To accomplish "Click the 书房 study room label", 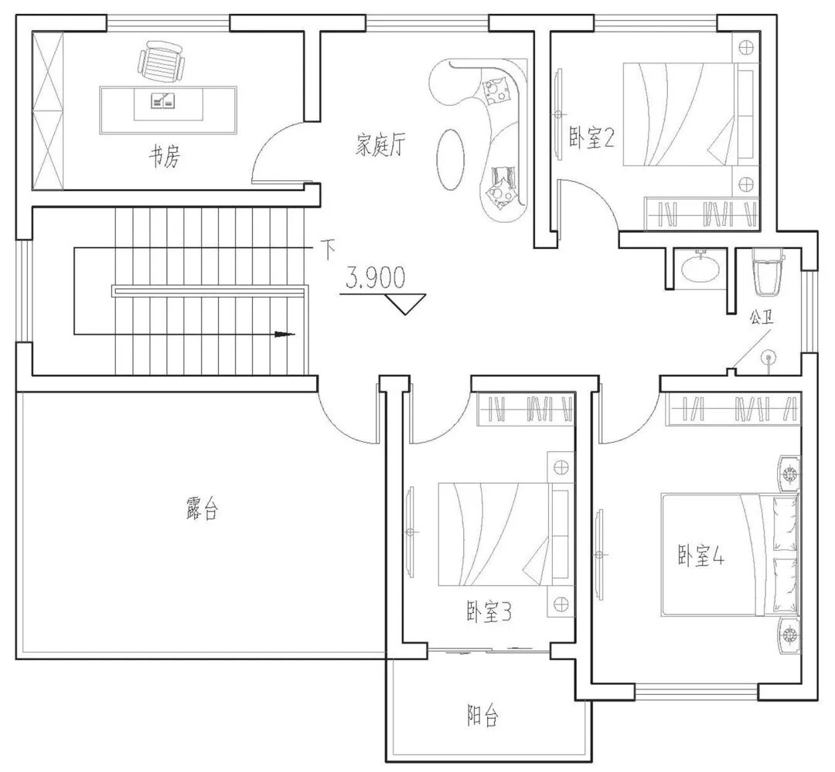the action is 165,156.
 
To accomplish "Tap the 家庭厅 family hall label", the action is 380,145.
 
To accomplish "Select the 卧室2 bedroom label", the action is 591,138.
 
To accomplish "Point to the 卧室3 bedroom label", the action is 489,612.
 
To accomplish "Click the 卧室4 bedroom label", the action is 700,556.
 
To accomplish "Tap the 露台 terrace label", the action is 203,508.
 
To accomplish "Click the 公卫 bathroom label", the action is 762,318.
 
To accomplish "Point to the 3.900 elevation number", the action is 376,277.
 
